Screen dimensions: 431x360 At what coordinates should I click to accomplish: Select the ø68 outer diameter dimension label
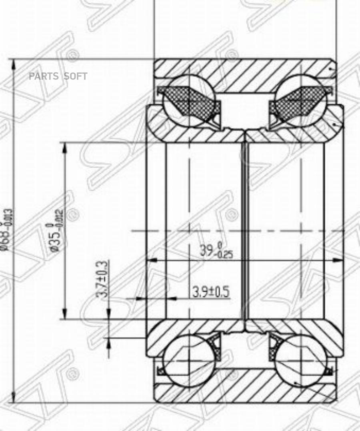(8, 230)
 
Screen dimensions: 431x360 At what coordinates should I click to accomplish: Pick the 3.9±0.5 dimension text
(211, 292)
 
